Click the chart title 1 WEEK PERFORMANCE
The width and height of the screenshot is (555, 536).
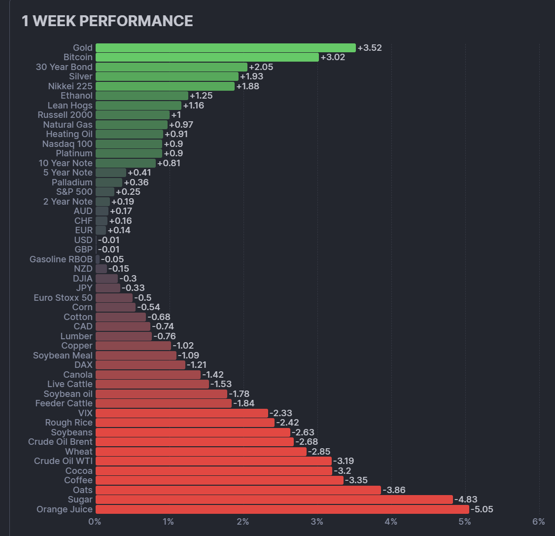107,21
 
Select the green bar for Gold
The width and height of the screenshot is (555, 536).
225,48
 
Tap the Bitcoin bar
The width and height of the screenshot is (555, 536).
207,57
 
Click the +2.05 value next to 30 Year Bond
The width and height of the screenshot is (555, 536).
261,67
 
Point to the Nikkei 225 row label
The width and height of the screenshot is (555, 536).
70,86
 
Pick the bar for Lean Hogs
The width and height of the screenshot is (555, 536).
139,106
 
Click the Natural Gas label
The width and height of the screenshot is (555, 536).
68,125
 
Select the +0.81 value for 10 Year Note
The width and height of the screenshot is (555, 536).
169,163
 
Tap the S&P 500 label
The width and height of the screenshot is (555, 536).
74,192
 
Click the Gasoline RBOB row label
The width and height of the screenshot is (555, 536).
61,259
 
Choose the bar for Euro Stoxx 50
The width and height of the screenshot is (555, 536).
114,298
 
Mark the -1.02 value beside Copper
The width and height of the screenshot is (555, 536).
183,346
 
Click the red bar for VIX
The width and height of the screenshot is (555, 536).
181,413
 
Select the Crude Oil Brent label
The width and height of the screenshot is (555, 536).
60,442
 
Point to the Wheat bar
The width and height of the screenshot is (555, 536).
201,452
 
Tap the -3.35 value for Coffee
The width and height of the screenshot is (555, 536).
356,480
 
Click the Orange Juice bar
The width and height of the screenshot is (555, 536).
282,509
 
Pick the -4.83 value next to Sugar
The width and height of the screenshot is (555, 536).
465,500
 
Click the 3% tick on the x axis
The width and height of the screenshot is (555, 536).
317,522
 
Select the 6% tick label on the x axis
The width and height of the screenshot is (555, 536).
539,522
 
